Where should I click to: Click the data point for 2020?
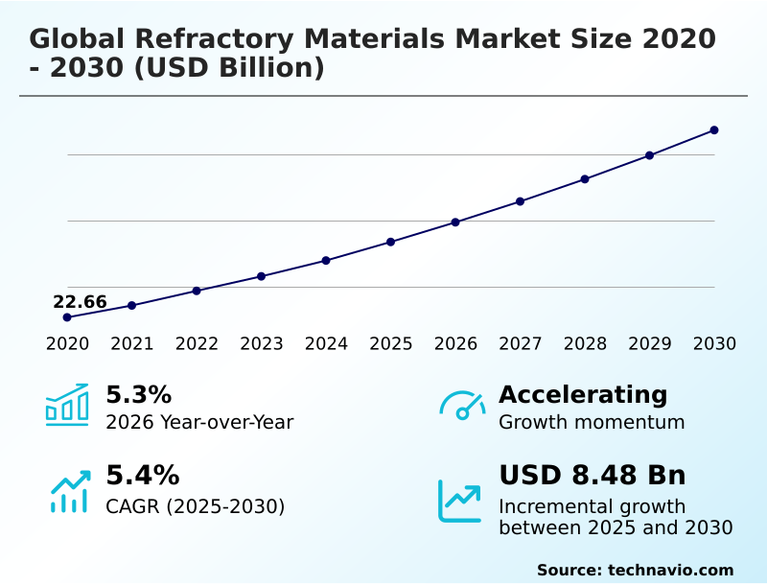67,317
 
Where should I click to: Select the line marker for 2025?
391,242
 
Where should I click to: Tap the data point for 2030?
714,130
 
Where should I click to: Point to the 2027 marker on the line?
521,201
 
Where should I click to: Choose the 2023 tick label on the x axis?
262,344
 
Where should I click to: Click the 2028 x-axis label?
585,344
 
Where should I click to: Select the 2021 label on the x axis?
132,344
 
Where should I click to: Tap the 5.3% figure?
138,395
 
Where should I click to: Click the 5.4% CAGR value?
142,476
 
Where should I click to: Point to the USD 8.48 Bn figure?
593,476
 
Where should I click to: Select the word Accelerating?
583,395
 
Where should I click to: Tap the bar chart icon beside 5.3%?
67,406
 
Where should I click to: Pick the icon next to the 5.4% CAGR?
69,491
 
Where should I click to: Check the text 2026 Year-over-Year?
199,422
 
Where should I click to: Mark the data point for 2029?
649,155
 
